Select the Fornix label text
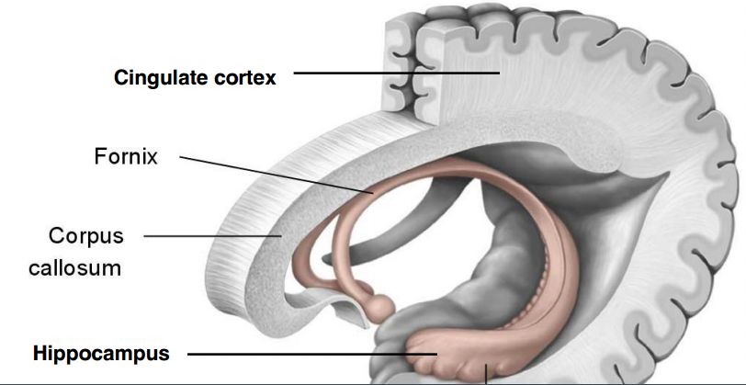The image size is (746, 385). [126, 157]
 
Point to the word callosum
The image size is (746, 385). [86, 268]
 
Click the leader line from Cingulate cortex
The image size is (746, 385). [395, 73]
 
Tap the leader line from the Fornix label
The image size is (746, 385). [276, 175]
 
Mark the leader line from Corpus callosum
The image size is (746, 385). [211, 235]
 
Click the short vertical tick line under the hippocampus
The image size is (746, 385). [486, 373]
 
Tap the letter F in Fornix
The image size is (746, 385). [100, 157]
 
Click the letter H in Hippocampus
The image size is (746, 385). [40, 352]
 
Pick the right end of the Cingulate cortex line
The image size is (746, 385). [499, 73]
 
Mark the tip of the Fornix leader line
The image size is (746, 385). [373, 194]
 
